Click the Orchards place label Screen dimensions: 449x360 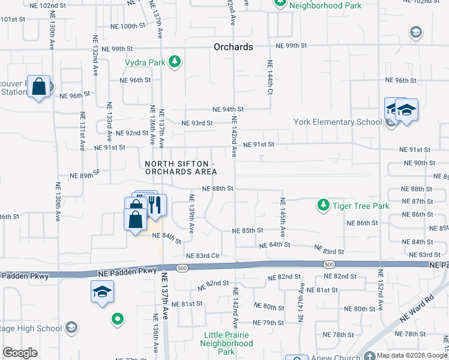click(234, 47)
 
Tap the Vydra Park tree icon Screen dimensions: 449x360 click(175, 62)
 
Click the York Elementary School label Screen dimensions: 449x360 click(337, 122)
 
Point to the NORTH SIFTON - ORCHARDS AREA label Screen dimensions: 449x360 click(180, 168)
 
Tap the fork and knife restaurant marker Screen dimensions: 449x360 click(155, 205)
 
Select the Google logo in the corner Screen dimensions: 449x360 click(20, 353)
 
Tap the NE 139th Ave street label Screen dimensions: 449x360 click(191, 214)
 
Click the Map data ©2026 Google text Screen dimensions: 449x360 click(411, 355)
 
